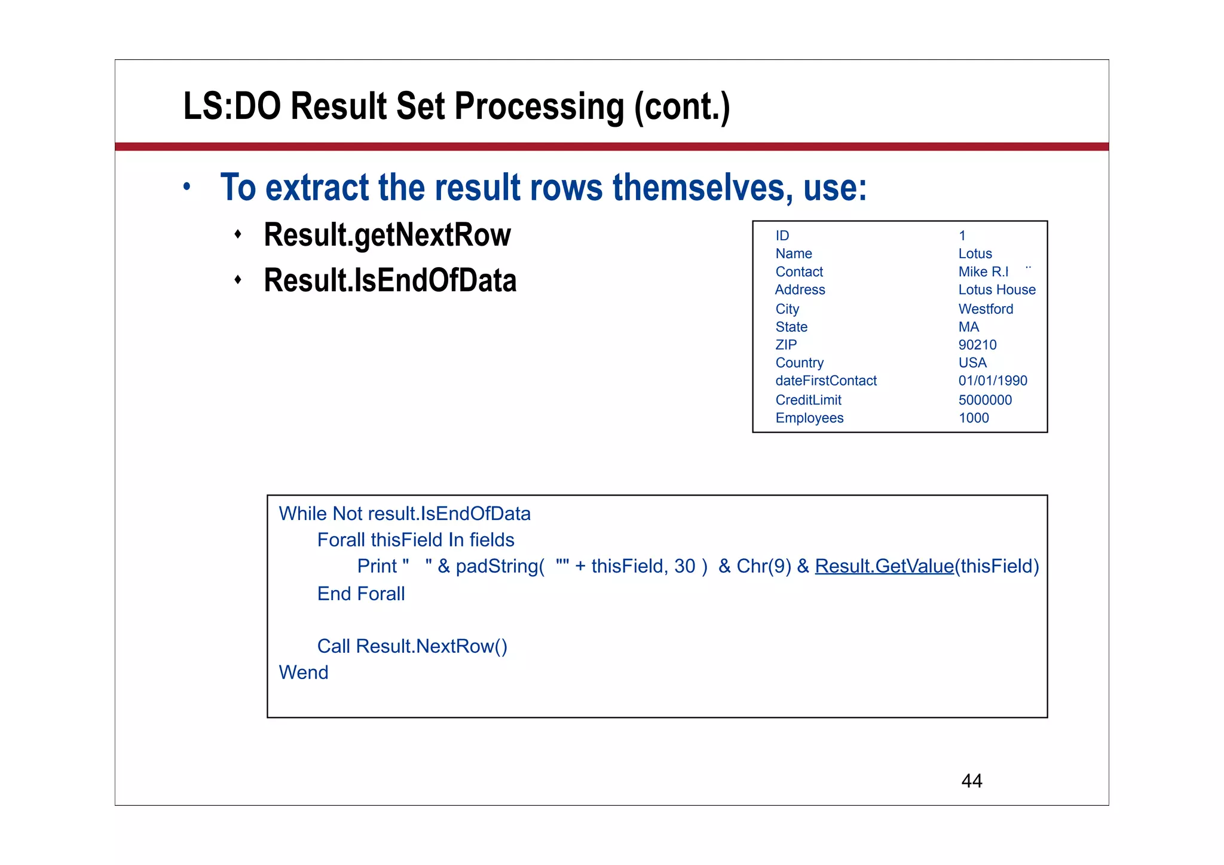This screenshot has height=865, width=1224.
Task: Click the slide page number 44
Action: click(971, 781)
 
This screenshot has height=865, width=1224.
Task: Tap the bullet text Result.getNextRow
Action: click(387, 234)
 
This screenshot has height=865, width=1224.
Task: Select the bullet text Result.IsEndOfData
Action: click(390, 280)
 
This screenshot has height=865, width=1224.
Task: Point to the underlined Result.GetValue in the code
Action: click(884, 566)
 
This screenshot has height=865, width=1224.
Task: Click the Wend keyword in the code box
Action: click(304, 673)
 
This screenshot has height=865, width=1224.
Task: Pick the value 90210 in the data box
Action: click(977, 345)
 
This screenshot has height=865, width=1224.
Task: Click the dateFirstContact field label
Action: click(826, 381)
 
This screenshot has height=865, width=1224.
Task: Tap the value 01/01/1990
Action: click(993, 381)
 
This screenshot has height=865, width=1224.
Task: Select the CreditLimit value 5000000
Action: click(985, 400)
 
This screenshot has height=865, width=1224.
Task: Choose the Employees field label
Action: click(809, 418)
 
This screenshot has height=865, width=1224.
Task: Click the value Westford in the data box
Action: click(986, 309)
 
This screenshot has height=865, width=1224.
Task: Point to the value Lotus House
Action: click(997, 290)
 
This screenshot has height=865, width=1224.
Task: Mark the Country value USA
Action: click(972, 363)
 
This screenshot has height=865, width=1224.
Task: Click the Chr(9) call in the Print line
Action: click(764, 566)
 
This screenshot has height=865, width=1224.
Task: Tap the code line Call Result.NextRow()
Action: click(412, 646)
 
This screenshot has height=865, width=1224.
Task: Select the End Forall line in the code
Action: click(361, 594)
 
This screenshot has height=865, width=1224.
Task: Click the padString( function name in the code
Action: click(500, 566)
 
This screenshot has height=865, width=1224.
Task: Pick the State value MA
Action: click(969, 327)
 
